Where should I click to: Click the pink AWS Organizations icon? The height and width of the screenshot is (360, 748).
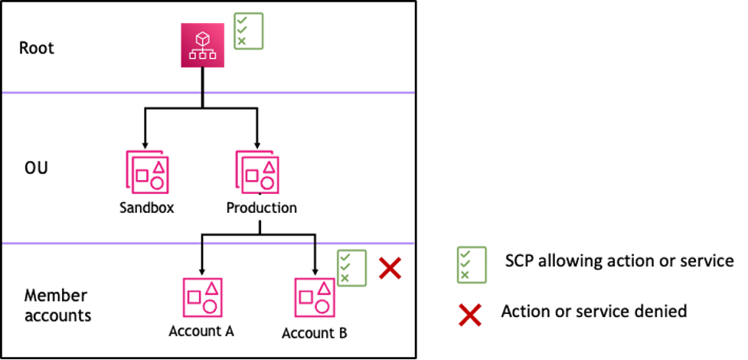(203, 45)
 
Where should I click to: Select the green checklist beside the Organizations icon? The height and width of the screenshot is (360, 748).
(249, 31)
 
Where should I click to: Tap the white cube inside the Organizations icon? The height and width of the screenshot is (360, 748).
(203, 38)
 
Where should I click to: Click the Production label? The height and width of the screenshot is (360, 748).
(261, 208)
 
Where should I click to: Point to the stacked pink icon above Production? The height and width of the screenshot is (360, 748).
(256, 172)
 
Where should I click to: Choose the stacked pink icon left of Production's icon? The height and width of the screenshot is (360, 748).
(147, 172)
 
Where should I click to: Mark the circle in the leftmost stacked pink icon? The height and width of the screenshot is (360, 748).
(157, 183)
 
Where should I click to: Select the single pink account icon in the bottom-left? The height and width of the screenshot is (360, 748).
(202, 297)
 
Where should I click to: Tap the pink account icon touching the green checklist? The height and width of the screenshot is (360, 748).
(314, 297)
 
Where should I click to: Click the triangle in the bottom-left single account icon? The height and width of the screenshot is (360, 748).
(211, 289)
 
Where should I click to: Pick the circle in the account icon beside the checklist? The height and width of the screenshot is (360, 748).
(322, 307)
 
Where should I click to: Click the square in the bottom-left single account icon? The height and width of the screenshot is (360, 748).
(194, 296)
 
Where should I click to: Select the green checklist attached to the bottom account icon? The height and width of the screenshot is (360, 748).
(351, 268)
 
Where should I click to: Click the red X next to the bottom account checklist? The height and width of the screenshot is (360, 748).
(390, 268)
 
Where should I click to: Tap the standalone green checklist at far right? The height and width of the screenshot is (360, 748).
(472, 265)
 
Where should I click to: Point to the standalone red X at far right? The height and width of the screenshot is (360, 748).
(469, 314)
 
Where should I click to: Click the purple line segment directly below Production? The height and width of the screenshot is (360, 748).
(258, 244)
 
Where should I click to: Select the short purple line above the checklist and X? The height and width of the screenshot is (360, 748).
(365, 244)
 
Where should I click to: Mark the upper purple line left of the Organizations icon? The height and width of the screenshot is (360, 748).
(101, 93)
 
